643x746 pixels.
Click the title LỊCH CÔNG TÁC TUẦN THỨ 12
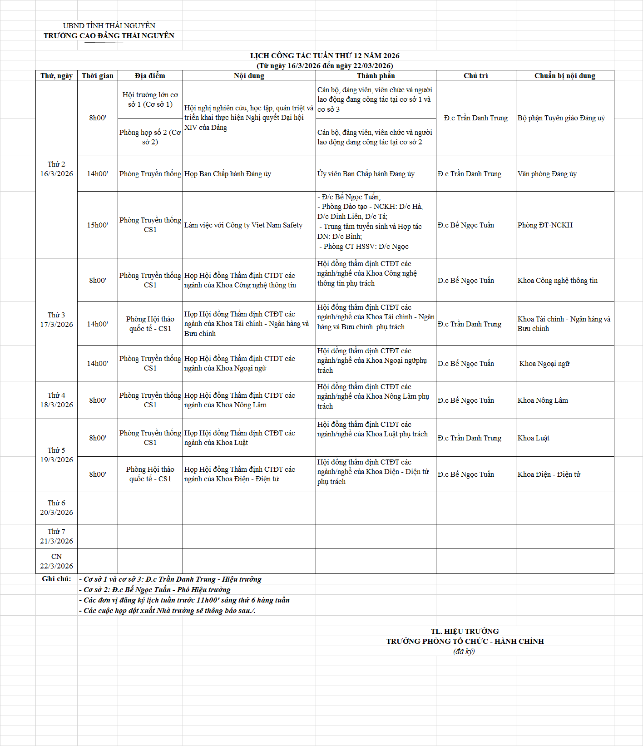coord(325,55)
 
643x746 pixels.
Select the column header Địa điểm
coord(150,76)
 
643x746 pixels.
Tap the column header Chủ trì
coord(475,76)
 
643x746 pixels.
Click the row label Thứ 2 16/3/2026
coord(56,169)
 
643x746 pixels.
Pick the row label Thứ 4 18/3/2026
coord(56,400)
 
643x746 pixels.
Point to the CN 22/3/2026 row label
coord(56,561)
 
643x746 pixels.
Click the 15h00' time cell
coord(97,225)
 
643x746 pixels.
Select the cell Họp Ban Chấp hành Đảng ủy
coord(228,174)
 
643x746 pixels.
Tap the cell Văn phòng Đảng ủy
coord(547,174)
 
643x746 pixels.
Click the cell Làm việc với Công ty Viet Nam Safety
coord(243,225)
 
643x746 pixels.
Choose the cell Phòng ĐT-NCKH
coord(545,225)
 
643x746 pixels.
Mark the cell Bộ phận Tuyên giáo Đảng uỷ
coord(561,118)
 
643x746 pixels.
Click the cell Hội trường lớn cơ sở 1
coord(150,99)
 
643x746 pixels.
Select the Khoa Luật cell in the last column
coord(534,438)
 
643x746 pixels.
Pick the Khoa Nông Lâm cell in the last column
coord(543,400)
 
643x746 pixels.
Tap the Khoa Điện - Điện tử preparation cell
coord(549,474)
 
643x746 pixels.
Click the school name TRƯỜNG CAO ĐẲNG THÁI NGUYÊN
coord(109,35)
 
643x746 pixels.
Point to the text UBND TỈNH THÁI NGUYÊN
coord(109,25)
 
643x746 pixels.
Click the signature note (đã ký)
coord(464,652)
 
